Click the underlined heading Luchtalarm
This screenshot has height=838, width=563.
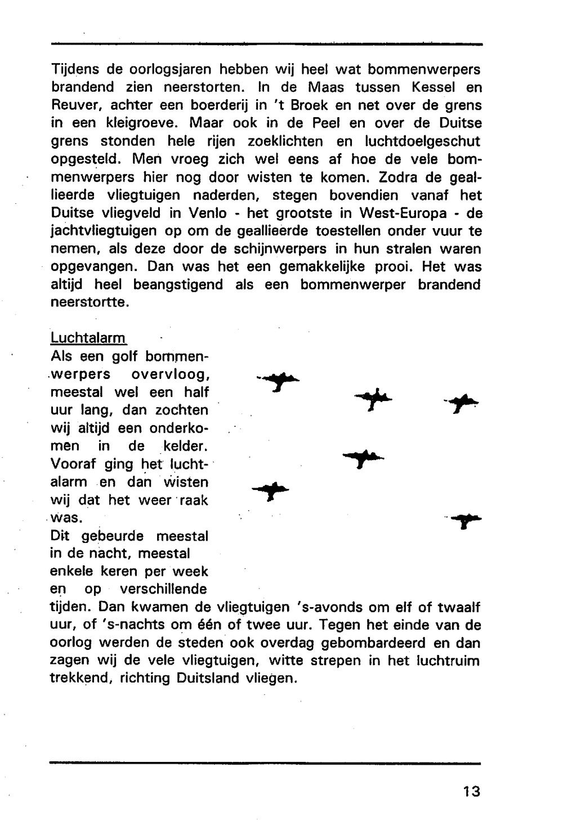(88, 338)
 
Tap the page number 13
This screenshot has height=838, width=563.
(472, 791)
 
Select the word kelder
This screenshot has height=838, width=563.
(184, 447)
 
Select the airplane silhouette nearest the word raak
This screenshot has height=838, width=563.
(271, 491)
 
